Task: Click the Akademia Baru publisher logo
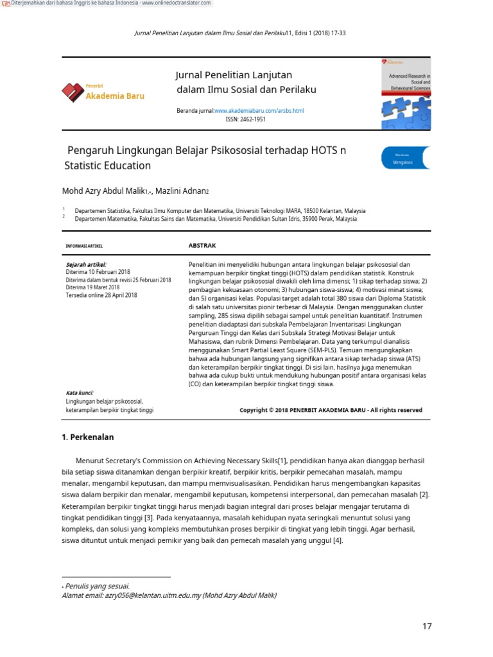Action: coord(103,92)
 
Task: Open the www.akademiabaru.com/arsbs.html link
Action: coord(259,110)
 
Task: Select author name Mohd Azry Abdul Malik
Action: coord(103,191)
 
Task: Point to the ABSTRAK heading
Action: coord(202,245)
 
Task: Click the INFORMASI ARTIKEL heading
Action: coord(84,246)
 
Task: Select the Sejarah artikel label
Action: coord(86,264)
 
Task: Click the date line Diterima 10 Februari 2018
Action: coord(98,272)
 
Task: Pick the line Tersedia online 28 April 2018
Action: coord(101,295)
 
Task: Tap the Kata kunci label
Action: coord(80,393)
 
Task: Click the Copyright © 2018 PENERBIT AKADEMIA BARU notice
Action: coord(331,410)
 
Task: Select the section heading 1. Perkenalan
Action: coord(87,437)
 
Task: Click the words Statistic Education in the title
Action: coord(108,166)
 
